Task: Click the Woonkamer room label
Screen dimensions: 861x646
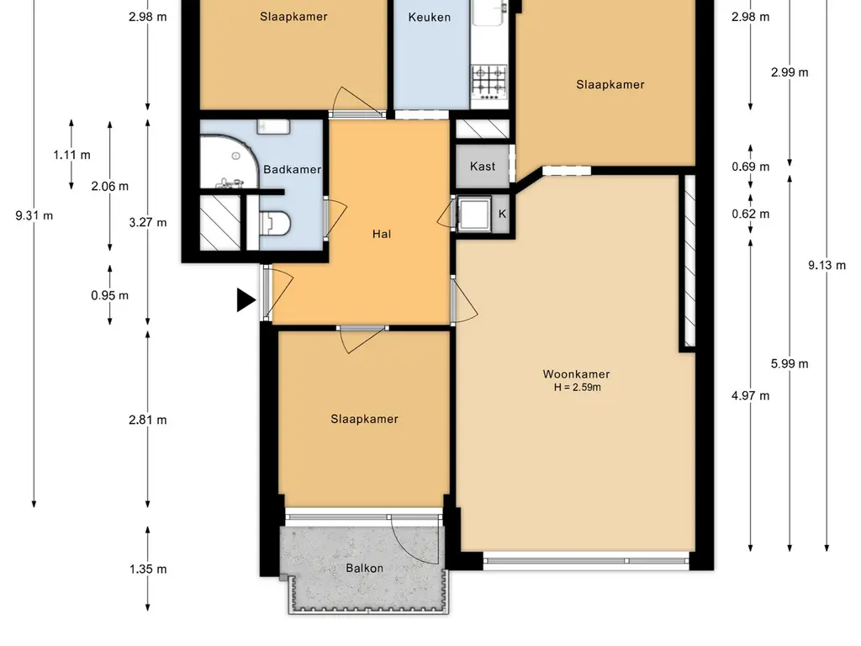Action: tap(576, 374)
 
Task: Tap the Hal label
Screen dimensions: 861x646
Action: tap(382, 234)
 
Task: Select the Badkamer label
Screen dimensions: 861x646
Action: tap(292, 169)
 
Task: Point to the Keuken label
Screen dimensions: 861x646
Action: tap(430, 17)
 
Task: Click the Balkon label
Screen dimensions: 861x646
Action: tap(365, 568)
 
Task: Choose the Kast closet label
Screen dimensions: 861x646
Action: tap(483, 166)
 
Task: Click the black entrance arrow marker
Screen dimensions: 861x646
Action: tap(246, 300)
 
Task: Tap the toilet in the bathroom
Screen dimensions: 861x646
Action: tap(276, 224)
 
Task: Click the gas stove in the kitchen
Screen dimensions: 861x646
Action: tap(489, 82)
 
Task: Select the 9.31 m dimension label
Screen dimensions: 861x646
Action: tap(34, 215)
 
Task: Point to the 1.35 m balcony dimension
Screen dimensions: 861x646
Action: tap(148, 569)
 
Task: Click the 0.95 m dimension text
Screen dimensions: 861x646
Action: tap(110, 295)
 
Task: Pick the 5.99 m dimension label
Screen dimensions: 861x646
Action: tap(790, 363)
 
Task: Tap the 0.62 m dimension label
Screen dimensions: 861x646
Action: tap(751, 214)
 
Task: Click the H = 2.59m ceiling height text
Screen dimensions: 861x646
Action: tap(577, 387)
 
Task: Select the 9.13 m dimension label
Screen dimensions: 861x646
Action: tap(827, 265)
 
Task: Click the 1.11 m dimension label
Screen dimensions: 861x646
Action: tap(72, 155)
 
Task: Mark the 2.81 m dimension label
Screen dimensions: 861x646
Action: tap(148, 420)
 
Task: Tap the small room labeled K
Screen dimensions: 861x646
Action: tap(502, 214)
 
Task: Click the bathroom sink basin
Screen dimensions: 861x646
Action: tap(273, 126)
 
